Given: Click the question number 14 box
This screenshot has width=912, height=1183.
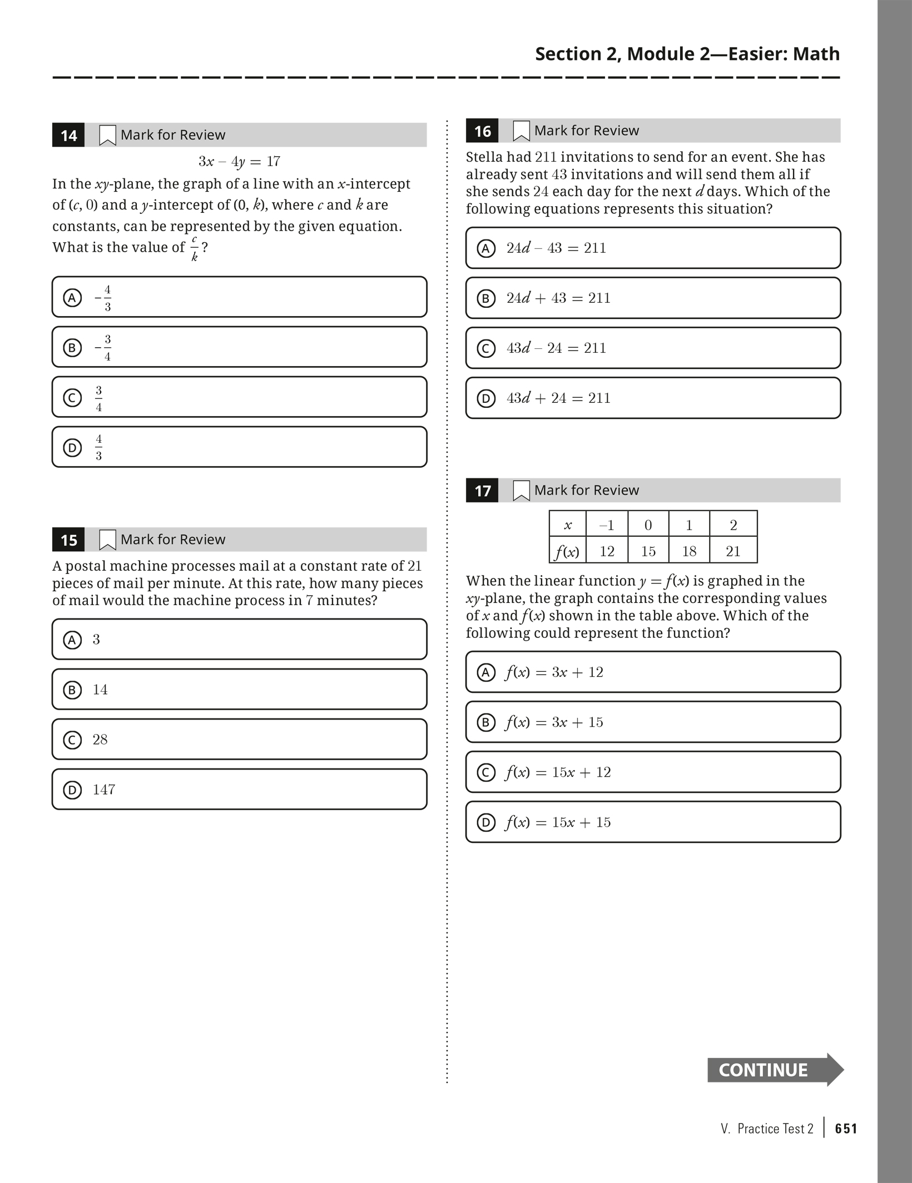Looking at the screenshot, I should click(68, 135).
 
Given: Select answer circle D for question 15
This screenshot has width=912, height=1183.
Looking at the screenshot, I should click(72, 790).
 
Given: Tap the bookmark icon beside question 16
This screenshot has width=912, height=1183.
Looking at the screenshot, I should click(521, 131).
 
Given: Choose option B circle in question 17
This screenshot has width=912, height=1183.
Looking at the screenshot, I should click(486, 722).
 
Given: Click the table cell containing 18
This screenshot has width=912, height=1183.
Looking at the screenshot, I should click(689, 551).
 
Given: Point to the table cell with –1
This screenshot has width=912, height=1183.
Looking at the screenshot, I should click(607, 525).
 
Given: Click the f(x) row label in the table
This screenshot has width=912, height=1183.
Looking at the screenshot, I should click(567, 551).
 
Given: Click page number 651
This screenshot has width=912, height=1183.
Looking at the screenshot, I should click(846, 1129).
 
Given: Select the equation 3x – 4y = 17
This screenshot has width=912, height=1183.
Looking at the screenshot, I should click(239, 162).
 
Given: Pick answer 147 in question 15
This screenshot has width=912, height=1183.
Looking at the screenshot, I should click(104, 790).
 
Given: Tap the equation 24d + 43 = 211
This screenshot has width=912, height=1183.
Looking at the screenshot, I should click(558, 298).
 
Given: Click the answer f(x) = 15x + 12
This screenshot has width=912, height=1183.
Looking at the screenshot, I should click(558, 772).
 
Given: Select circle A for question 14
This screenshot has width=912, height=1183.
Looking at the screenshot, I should click(72, 298).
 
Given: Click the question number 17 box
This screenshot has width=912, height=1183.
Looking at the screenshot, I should click(482, 491).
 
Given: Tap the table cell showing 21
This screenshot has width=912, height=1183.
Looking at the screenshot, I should click(733, 551).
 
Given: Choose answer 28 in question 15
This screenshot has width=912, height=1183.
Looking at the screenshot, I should click(100, 740).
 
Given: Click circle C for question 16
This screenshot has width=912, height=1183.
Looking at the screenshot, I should click(486, 348).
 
